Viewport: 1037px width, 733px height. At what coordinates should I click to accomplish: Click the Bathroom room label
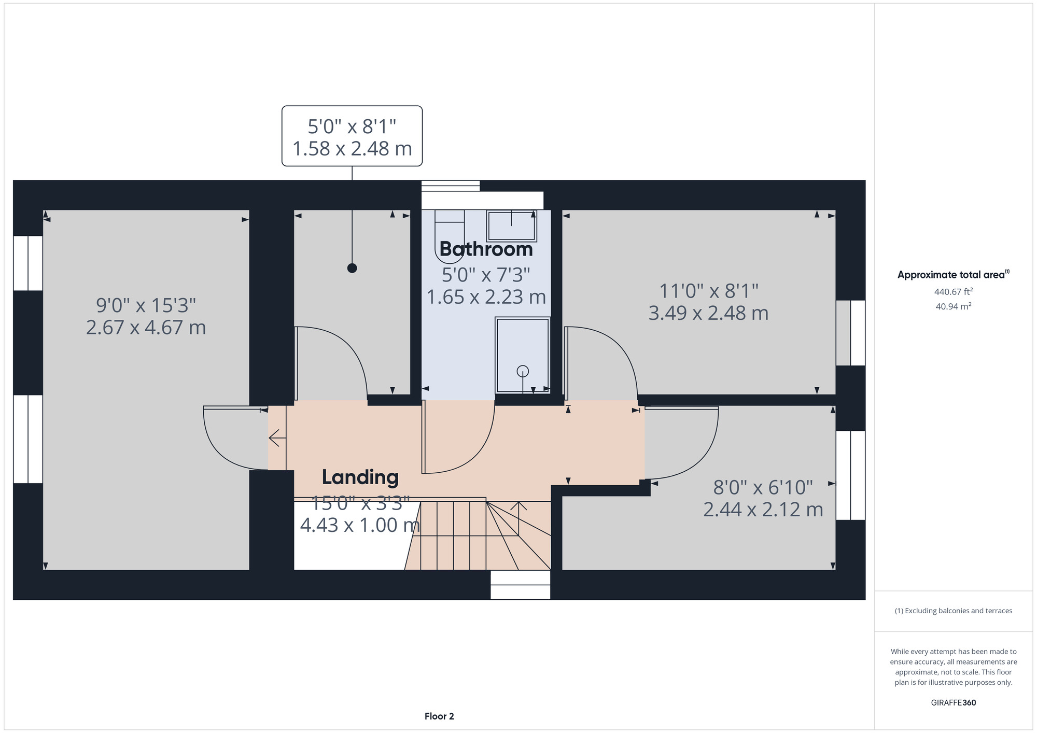click(x=486, y=249)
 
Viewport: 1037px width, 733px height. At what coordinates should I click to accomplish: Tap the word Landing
click(x=360, y=477)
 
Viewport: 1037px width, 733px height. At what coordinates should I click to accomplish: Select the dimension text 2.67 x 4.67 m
click(x=146, y=328)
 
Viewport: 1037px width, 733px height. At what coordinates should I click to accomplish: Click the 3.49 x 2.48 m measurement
click(x=708, y=313)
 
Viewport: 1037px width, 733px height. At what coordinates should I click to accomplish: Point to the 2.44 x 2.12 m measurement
click(x=763, y=510)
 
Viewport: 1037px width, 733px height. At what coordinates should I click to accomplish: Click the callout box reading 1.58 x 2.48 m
click(x=352, y=136)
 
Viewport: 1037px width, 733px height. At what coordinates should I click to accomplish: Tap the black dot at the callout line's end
click(x=352, y=268)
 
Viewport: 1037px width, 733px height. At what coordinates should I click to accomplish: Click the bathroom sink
click(x=511, y=225)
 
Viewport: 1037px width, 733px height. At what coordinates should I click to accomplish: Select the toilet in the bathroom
click(x=450, y=233)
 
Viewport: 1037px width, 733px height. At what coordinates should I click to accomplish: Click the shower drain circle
click(x=523, y=371)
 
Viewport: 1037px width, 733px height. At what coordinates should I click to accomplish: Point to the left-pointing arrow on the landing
click(x=277, y=438)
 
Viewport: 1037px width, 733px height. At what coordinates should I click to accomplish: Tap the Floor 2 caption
click(x=439, y=716)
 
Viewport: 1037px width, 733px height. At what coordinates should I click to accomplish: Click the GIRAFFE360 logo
click(x=954, y=703)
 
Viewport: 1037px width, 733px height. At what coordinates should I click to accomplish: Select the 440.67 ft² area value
click(x=954, y=292)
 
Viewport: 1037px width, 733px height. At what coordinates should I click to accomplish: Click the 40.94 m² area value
click(x=954, y=306)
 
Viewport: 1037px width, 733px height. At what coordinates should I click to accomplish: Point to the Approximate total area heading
click(x=954, y=275)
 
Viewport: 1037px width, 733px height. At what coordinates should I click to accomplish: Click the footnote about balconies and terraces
click(x=954, y=611)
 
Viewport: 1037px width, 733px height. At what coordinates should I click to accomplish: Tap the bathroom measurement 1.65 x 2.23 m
click(x=486, y=297)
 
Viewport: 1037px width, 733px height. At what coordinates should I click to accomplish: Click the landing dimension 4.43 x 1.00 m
click(x=360, y=525)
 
